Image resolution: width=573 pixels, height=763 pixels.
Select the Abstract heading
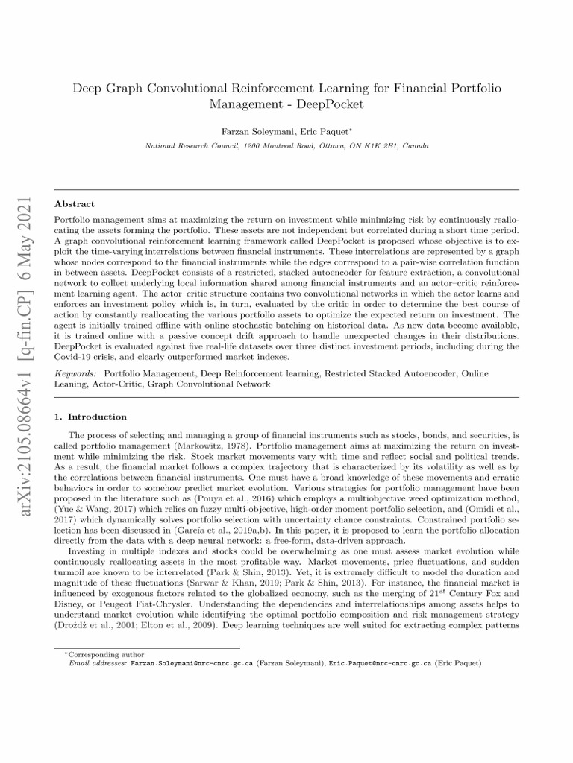point(74,203)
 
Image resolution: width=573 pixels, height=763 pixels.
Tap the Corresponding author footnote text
point(90,653)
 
